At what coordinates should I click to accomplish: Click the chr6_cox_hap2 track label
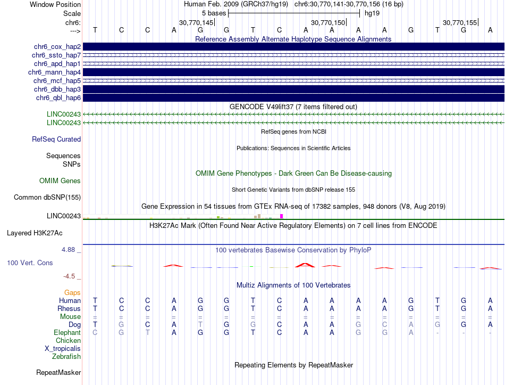[x=55, y=47]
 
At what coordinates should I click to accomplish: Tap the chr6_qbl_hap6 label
[x=58, y=98]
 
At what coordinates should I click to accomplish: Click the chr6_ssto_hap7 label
[x=56, y=55]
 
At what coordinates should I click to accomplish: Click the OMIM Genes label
[x=60, y=181]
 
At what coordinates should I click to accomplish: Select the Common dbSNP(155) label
[x=47, y=198]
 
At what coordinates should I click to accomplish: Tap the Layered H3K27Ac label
[x=35, y=233]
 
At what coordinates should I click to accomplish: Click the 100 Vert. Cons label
[x=30, y=263]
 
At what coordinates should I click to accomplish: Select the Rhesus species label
[x=69, y=309]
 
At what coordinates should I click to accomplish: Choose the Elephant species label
[x=68, y=333]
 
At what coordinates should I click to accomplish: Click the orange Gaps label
[x=72, y=293]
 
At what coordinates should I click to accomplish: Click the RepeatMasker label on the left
[x=58, y=372]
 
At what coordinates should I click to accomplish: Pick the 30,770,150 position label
[x=328, y=23]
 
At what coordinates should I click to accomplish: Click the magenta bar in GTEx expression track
[x=282, y=216]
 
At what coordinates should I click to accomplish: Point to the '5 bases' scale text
[x=214, y=13]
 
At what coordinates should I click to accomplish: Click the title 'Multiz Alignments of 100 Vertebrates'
[x=293, y=285]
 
